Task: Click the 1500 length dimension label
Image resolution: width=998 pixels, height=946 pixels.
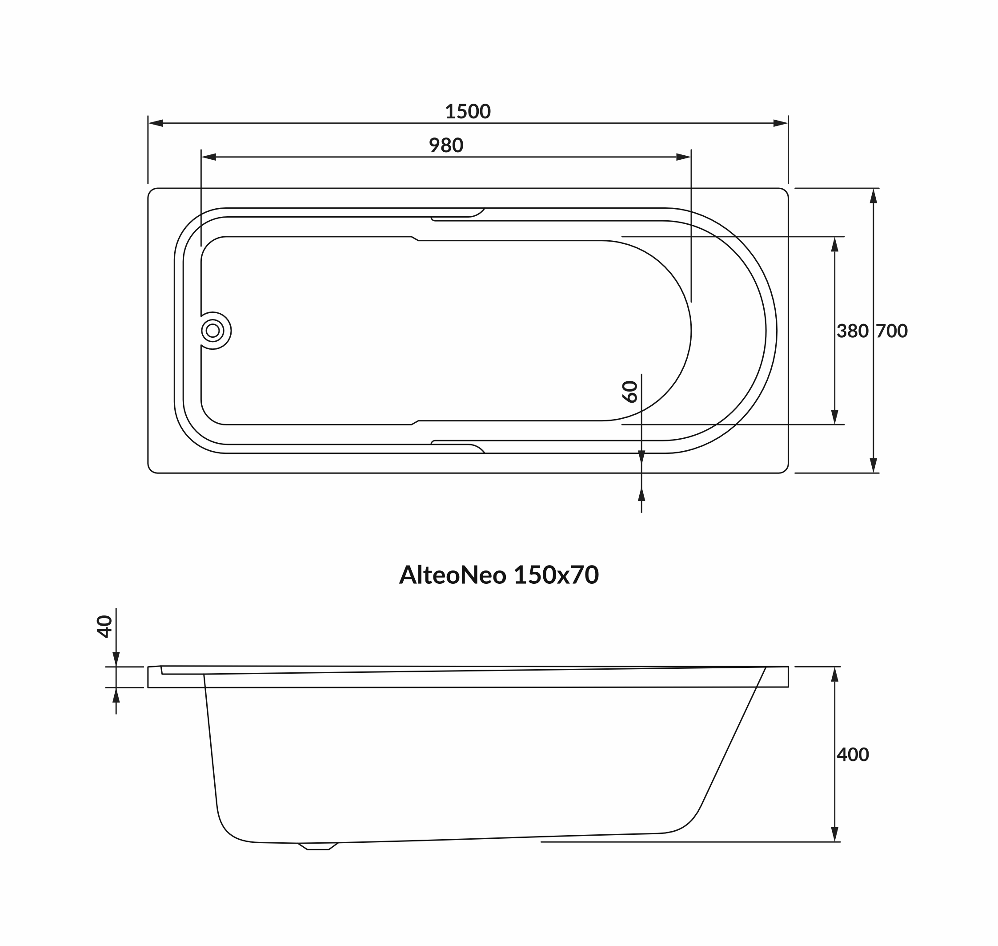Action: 468,111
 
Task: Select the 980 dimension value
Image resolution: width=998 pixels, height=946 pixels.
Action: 446,145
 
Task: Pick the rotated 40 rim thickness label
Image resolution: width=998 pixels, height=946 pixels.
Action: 104,627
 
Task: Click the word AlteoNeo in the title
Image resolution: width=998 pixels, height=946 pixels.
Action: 453,575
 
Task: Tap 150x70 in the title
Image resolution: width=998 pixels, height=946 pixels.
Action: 556,575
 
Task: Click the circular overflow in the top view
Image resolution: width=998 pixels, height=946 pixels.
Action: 212,330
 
